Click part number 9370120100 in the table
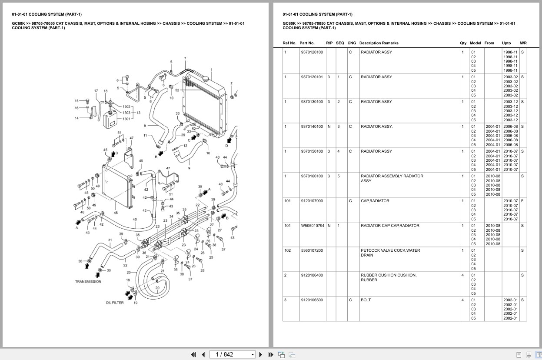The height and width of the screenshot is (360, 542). [x=312, y=52]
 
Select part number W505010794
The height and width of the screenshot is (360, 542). [x=312, y=226]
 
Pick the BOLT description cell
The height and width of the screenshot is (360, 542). [x=366, y=300]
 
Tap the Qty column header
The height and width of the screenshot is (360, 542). [x=463, y=43]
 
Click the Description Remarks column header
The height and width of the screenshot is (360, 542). [x=379, y=43]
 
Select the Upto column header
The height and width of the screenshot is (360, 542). [x=506, y=43]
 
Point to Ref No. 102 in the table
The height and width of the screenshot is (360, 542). [x=287, y=250]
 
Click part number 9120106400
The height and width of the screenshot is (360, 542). [x=312, y=275]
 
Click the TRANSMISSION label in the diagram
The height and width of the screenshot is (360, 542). [x=88, y=281]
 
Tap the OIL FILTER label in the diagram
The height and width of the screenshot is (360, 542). [x=115, y=303]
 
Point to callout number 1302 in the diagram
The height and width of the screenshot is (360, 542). [x=126, y=107]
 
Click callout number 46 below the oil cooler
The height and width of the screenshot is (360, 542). [x=116, y=213]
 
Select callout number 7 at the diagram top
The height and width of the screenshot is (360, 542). [x=185, y=58]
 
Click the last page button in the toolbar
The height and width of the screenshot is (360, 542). [x=271, y=354]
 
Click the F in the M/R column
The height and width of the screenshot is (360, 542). [x=522, y=201]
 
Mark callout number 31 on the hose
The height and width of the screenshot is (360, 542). [x=110, y=240]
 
